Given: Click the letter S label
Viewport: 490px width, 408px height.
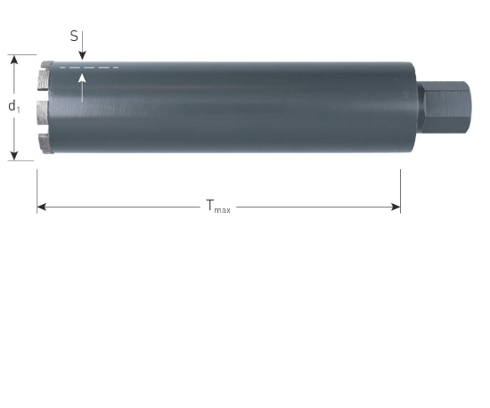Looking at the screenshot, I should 74,37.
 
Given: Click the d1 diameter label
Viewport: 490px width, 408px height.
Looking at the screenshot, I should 14,106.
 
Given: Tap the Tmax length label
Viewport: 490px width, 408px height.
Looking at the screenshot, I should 217,207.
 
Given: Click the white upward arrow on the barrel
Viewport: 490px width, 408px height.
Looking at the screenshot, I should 81,86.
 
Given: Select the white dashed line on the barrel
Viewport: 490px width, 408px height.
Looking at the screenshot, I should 88,68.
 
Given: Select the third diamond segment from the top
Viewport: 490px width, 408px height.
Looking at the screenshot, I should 43,112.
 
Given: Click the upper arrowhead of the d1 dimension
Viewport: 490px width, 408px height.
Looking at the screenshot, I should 14,60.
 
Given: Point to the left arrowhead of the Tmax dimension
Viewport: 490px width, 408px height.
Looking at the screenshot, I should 41,207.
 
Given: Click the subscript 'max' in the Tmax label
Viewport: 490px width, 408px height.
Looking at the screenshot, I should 223,210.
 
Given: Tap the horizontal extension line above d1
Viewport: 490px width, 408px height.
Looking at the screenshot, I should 21,54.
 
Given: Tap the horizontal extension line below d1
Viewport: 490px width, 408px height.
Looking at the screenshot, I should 21,160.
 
